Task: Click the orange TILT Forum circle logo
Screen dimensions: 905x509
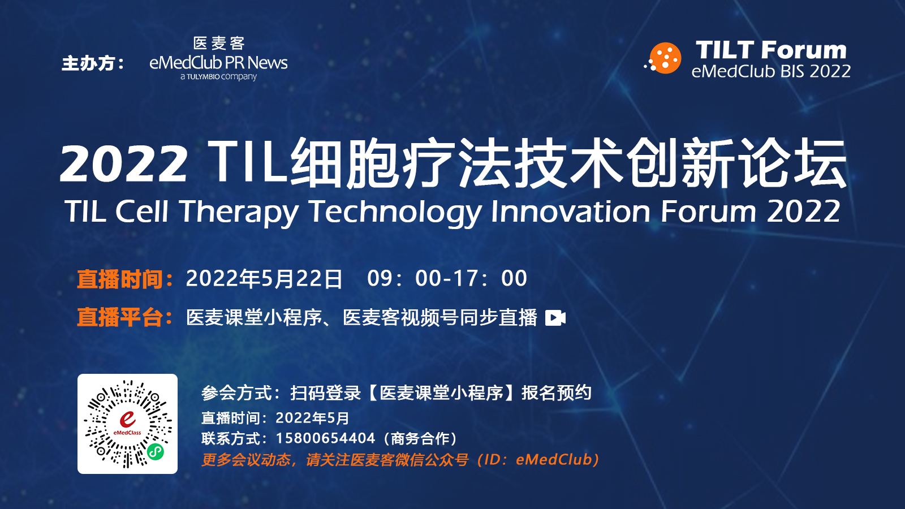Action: pos(663,58)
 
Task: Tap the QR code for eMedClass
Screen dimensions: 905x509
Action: pos(128,424)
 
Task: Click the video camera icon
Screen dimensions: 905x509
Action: pos(555,317)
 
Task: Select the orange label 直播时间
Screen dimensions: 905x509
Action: pos(120,279)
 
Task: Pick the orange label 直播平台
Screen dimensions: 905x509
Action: pos(120,317)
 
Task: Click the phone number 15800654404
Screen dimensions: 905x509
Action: pos(326,438)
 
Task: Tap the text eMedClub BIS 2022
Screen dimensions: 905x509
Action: pos(771,71)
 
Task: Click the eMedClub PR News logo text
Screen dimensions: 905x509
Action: pos(218,63)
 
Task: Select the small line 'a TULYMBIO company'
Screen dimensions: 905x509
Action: pos(218,77)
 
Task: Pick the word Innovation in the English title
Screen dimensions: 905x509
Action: pos(571,211)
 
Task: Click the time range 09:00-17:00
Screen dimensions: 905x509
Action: pos(447,278)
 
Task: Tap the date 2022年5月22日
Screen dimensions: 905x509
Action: pos(264,279)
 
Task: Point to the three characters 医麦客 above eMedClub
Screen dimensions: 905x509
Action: pos(218,43)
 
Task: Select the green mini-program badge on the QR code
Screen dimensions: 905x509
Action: pos(155,452)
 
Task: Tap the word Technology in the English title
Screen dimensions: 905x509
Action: pos(395,212)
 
